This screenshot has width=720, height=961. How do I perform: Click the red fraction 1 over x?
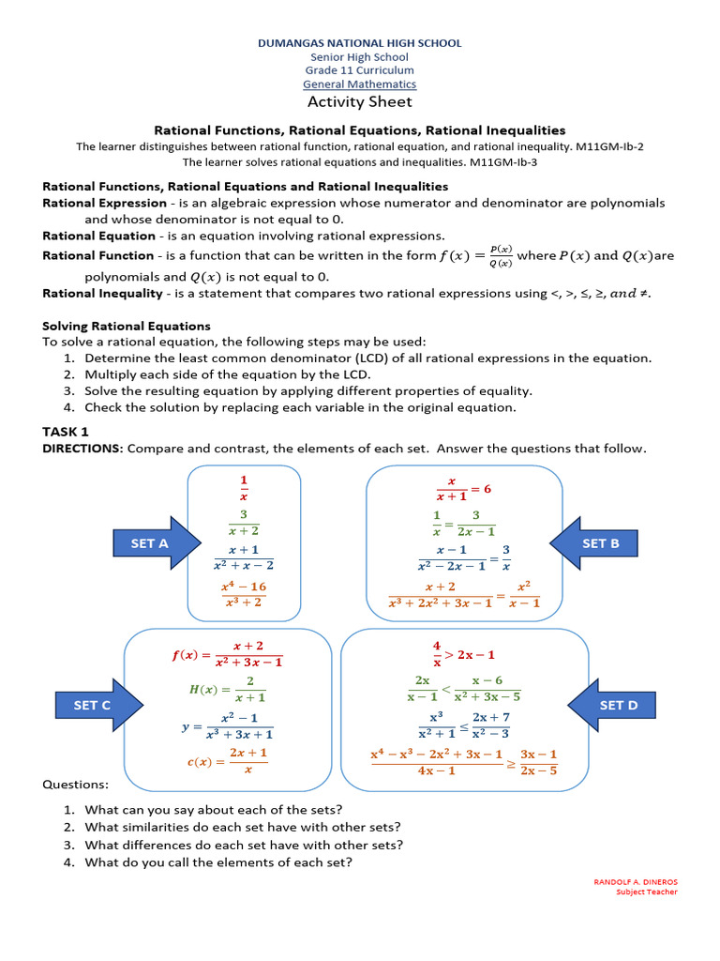coord(244,489)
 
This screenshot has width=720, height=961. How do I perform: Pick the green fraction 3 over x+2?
coord(244,523)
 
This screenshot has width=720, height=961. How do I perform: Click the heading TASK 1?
coord(66,432)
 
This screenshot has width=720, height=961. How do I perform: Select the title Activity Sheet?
coord(360,101)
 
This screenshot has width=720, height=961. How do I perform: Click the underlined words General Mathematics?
coord(360,84)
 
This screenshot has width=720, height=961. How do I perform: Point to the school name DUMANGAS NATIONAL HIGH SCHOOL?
coord(360,43)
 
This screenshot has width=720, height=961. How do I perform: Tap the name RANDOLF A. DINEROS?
coord(636,881)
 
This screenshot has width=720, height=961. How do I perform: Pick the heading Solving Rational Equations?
coord(127,326)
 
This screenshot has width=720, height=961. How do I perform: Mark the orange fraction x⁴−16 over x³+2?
coord(244,594)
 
